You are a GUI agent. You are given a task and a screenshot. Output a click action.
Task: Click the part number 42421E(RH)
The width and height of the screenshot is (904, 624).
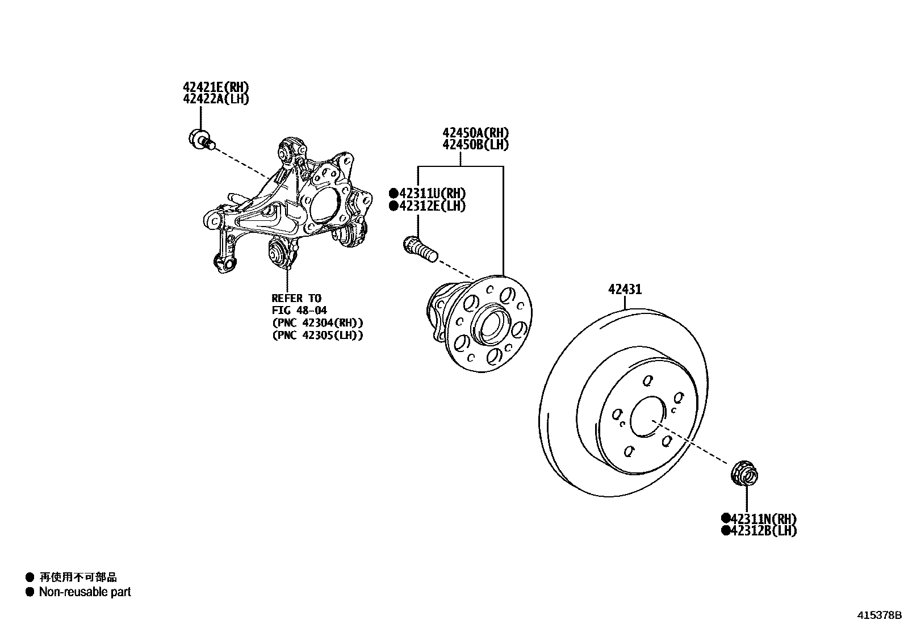click(x=216, y=87)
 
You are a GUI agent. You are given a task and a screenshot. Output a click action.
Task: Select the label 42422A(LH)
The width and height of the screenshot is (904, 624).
click(x=216, y=99)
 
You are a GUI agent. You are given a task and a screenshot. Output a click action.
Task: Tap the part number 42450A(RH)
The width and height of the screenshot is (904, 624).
click(x=476, y=133)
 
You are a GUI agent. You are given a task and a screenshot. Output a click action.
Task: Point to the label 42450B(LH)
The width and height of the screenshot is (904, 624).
click(x=476, y=145)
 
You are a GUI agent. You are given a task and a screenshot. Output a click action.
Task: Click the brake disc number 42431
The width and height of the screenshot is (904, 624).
click(x=625, y=290)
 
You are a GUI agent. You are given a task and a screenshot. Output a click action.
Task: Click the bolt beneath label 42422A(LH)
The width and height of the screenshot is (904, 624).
click(x=201, y=139)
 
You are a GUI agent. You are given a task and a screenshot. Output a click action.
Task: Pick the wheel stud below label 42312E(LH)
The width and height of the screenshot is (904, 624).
click(x=419, y=250)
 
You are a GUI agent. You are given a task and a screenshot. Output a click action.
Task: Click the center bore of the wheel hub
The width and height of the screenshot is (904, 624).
click(x=489, y=325)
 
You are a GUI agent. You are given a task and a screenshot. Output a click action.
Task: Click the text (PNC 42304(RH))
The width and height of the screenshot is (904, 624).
click(x=317, y=323)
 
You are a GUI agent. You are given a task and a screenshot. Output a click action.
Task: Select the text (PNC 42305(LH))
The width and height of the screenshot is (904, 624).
click(x=317, y=335)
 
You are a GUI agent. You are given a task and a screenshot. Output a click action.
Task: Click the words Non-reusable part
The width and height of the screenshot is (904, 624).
click(x=85, y=592)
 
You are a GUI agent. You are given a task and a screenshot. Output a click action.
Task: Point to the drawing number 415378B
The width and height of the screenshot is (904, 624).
click(x=879, y=615)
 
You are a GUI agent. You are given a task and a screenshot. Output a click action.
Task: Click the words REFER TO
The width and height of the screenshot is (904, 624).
click(x=296, y=298)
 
